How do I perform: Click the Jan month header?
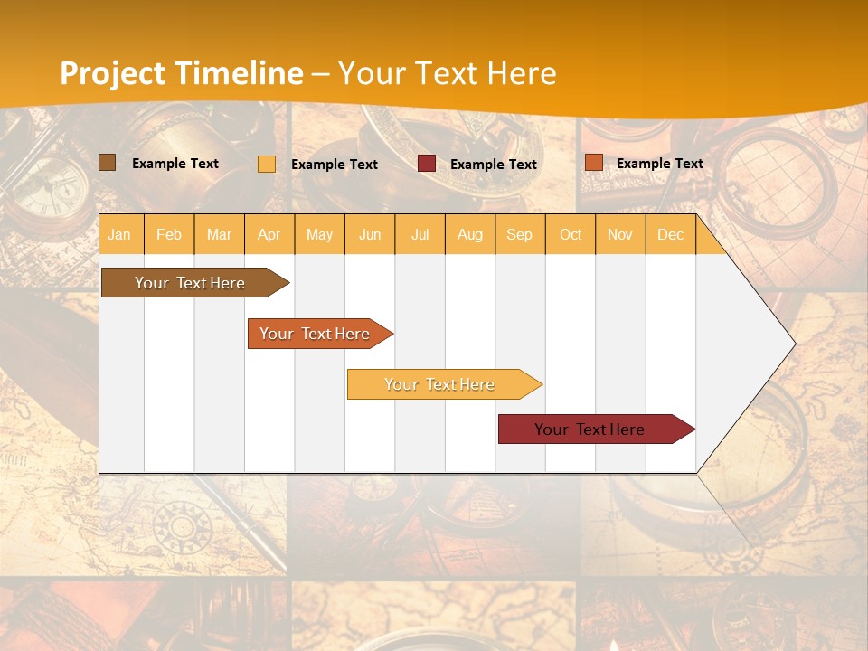[x=119, y=234]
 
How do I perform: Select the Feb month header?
[x=169, y=234]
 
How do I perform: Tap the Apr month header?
[x=269, y=234]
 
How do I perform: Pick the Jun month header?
[x=370, y=234]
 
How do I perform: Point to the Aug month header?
[x=469, y=234]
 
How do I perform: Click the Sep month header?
[x=519, y=234]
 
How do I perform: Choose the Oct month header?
[x=571, y=234]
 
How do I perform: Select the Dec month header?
[x=670, y=234]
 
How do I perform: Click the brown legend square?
[x=107, y=163]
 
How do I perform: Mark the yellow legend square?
[x=267, y=164]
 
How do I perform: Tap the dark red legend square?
[x=427, y=164]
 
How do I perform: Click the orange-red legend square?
[x=593, y=163]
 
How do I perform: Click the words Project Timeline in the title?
[x=181, y=73]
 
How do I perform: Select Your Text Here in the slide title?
[x=447, y=73]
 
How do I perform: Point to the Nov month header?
[x=620, y=234]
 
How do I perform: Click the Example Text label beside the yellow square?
[x=334, y=165]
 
